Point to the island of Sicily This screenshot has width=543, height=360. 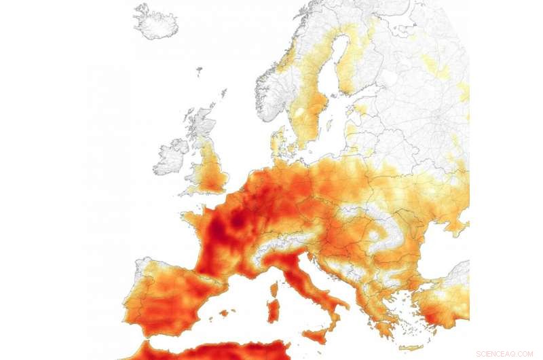tap(314, 336)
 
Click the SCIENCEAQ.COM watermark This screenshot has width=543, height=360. tap(505, 353)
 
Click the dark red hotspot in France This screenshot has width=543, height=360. tap(238, 221)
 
